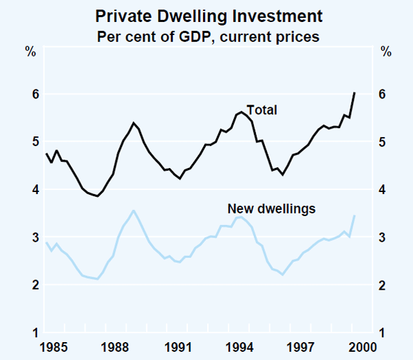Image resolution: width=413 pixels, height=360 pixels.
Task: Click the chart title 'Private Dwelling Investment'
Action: (206, 16)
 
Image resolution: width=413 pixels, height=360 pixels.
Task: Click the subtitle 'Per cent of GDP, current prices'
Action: (206, 36)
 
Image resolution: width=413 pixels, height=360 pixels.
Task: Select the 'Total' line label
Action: (262, 109)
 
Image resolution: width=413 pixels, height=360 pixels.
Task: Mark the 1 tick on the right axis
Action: (385, 334)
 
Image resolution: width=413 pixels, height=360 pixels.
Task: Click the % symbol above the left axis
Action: (30, 52)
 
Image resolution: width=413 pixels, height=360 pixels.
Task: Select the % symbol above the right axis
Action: (386, 52)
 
